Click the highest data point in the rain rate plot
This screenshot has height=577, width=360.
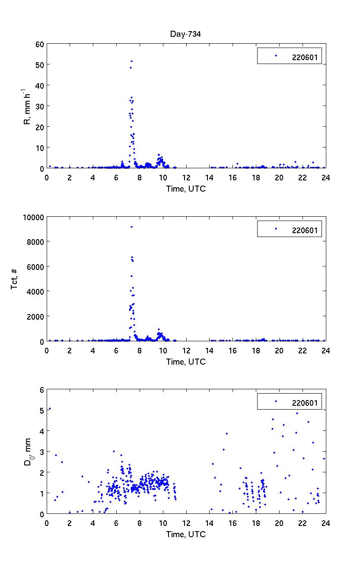tap(131, 61)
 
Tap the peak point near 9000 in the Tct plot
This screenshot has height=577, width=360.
tap(131, 227)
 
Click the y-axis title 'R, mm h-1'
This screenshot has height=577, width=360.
tap(27, 106)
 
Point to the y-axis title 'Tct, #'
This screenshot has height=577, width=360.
tap(15, 279)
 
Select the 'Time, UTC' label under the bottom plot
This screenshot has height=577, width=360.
tap(186, 534)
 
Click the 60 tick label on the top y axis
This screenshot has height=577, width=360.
tap(40, 44)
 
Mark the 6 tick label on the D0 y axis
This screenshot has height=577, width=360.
tap(41, 390)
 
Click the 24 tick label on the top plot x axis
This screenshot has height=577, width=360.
tap(325, 177)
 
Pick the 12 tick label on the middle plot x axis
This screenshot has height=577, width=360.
tap(186, 350)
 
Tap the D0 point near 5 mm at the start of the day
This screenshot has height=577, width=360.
tap(50, 408)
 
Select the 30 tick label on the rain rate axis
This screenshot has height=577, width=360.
tap(40, 106)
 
